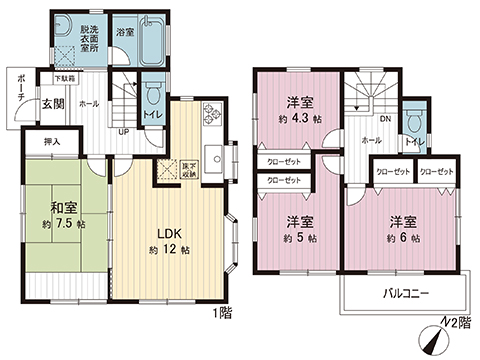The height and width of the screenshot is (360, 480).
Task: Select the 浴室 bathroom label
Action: click(125, 32)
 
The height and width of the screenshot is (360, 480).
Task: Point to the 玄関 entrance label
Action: click(53, 103)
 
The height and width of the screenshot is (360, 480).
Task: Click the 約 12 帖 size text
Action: click(168, 248)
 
